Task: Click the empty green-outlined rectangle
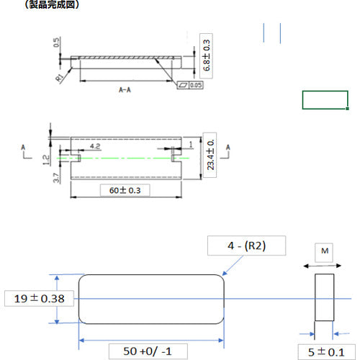coord(325,100)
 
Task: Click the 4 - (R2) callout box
coord(246,247)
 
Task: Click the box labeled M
coord(324,251)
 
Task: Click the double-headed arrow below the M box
coord(324,266)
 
